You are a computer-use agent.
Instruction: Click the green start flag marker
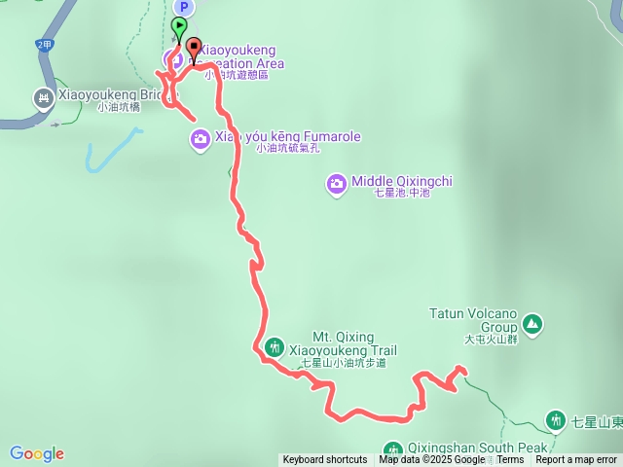point(180,26)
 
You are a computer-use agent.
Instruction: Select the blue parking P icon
point(183,8)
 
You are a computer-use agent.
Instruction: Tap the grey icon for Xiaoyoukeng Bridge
point(43,97)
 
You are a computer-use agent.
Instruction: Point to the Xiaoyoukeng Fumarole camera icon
point(200,140)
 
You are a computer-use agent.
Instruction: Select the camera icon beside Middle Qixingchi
point(336,182)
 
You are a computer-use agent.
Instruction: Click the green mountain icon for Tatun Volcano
point(531,323)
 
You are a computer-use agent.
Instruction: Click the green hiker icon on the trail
point(274,347)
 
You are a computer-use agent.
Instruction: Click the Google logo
point(37,453)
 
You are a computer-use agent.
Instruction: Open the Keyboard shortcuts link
point(325,460)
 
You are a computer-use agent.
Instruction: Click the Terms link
point(510,460)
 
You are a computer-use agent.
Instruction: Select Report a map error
point(576,460)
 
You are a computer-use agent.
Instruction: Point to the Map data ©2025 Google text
point(431,460)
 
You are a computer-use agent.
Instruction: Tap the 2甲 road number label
point(43,45)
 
